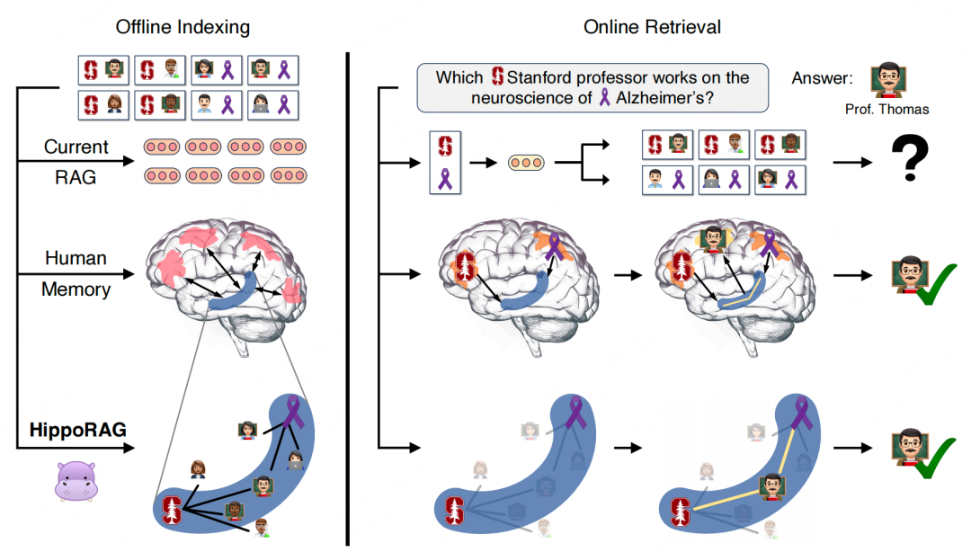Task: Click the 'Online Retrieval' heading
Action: click(x=652, y=27)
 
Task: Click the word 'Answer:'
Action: click(x=822, y=77)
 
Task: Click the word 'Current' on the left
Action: click(x=76, y=147)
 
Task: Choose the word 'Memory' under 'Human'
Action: click(x=76, y=289)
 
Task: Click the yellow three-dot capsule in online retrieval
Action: click(x=525, y=162)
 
